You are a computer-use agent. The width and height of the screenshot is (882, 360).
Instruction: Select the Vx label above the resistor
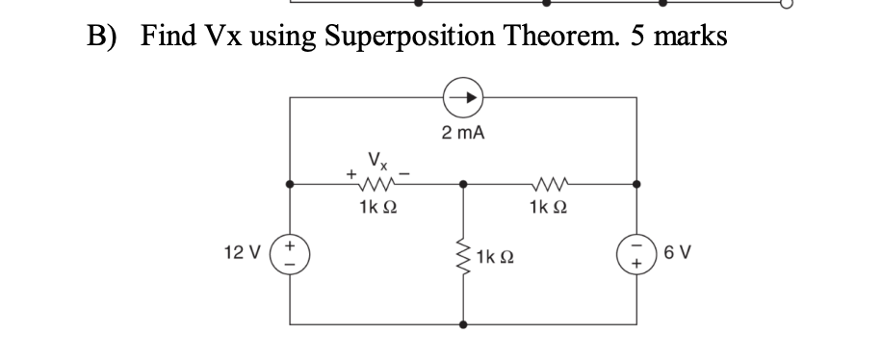(374, 160)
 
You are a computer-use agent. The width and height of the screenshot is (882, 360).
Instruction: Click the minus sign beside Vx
(405, 174)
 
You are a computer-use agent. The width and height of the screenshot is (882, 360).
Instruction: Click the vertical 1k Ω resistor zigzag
(464, 258)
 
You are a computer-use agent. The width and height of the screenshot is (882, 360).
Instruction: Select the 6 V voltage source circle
(636, 259)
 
